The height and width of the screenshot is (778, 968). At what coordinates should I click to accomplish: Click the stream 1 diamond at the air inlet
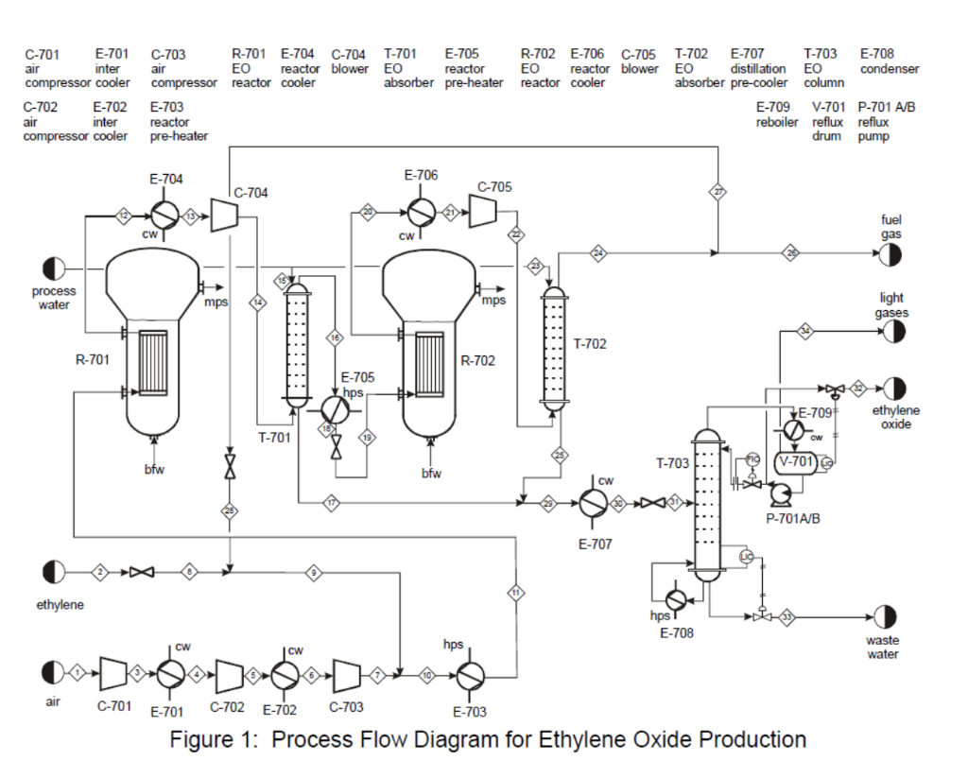point(79,672)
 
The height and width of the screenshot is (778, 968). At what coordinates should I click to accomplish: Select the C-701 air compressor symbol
point(112,673)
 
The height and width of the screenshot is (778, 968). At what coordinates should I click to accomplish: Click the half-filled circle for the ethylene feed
point(53,572)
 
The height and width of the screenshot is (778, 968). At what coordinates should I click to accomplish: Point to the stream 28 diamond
point(230,511)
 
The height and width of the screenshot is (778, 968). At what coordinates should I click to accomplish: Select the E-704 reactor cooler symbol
point(166,216)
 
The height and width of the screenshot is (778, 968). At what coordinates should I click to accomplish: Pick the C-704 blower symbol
point(223,216)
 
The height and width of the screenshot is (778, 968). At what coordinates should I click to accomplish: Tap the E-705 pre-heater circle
point(334,408)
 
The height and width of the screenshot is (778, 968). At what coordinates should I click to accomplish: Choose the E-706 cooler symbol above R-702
point(420,212)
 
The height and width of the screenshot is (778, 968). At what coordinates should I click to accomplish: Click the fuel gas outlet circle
point(890,254)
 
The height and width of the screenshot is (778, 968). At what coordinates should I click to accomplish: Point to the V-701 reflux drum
point(795,461)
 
